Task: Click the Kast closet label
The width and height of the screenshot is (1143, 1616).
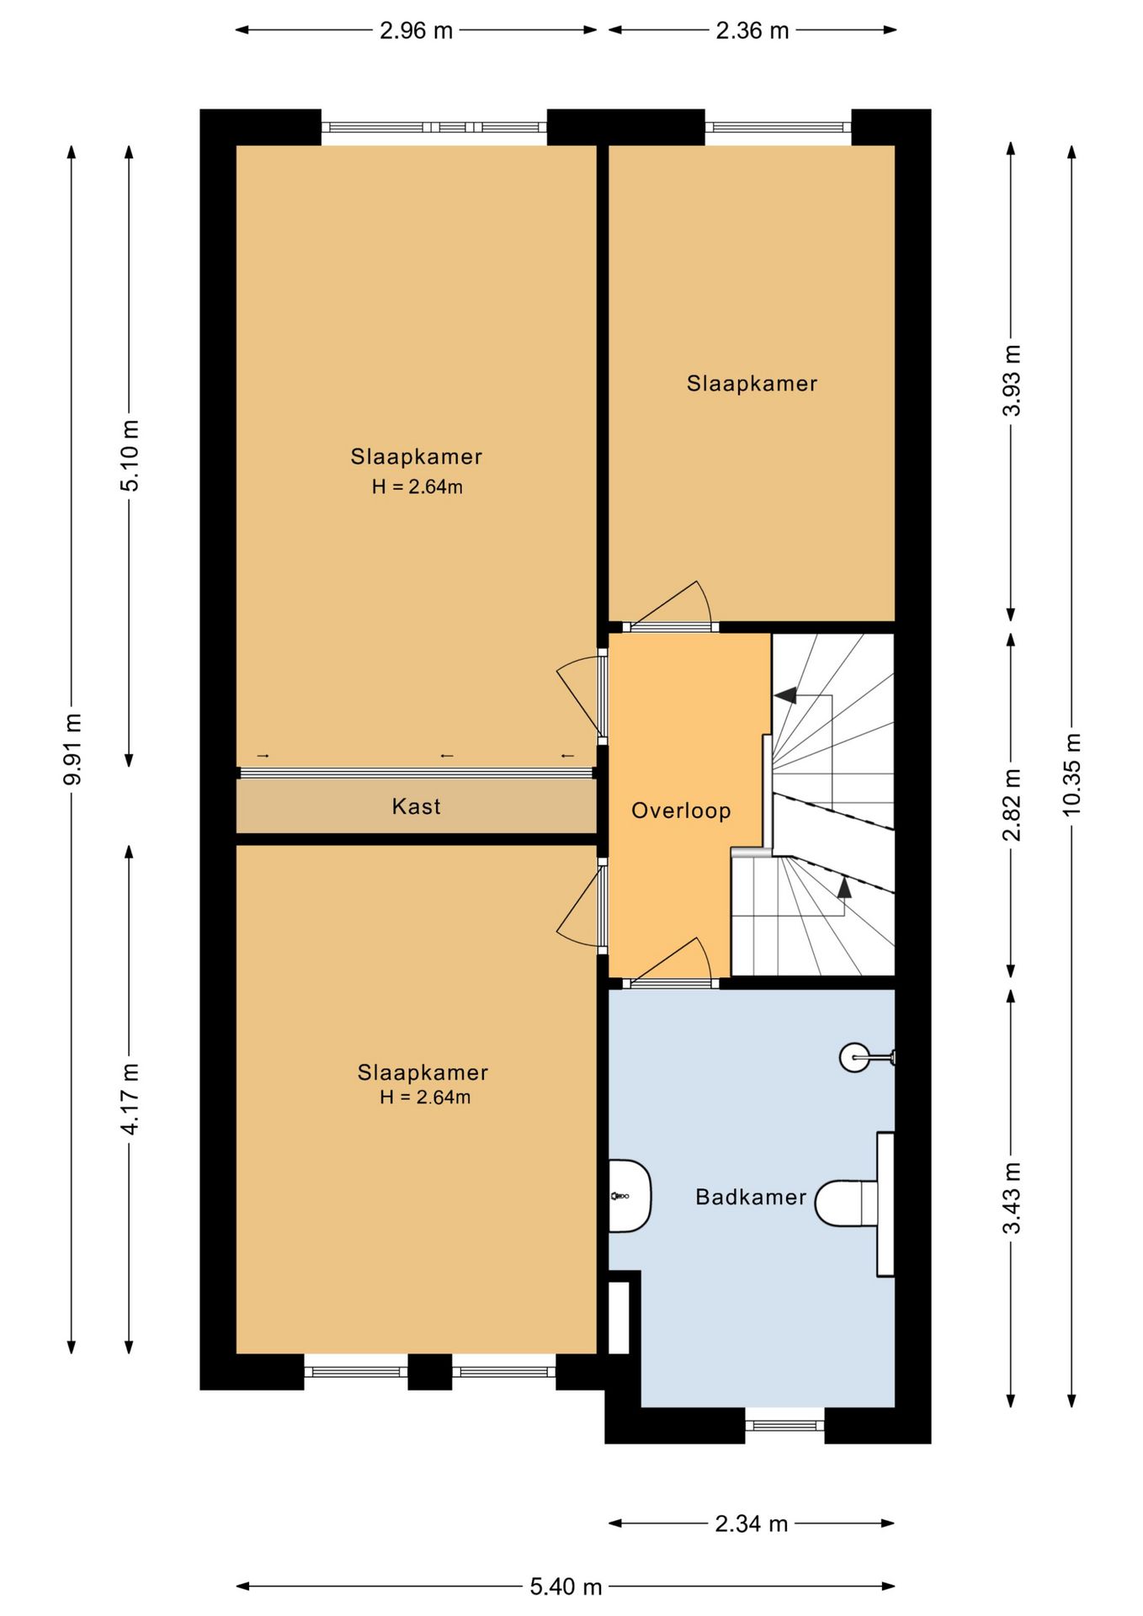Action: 416,806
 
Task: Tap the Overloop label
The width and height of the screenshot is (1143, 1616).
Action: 681,811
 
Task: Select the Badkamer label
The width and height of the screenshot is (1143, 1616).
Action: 751,1197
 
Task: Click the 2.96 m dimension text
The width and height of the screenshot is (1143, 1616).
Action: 416,31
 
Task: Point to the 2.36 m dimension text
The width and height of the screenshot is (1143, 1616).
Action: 752,31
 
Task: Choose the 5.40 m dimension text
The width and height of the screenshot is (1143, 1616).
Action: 566,1587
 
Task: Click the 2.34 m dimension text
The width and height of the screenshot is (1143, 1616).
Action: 752,1523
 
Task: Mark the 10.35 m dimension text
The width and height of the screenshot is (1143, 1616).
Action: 1071,774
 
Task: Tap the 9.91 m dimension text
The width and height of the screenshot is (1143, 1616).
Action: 72,749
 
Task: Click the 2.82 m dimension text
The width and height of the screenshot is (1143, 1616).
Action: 1012,805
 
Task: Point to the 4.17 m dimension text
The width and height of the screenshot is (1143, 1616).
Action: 130,1098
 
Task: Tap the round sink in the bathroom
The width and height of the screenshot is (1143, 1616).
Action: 855,1057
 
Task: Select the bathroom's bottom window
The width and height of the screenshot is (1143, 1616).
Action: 785,1425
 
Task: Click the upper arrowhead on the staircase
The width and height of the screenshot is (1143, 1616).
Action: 785,696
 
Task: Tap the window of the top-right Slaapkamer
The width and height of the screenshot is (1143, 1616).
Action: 779,127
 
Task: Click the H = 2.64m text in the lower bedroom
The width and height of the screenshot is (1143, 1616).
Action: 425,1097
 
